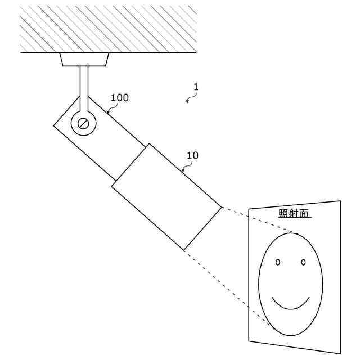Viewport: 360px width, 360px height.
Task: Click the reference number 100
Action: [119, 97]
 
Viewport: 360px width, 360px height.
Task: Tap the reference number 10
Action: [192, 155]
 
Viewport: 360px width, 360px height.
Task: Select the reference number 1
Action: [196, 87]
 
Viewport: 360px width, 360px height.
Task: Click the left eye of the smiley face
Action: [278, 262]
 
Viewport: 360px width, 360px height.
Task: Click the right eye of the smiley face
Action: [303, 262]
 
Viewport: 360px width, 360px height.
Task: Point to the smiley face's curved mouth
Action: [291, 304]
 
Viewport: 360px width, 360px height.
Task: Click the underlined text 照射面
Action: [295, 213]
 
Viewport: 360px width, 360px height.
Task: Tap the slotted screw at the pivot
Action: [84, 123]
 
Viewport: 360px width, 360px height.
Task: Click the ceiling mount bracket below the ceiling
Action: [84, 59]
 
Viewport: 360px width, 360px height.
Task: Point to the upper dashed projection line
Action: [259, 220]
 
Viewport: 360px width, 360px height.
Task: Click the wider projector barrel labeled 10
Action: [166, 197]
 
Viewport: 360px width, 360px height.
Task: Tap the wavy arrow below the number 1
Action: [191, 98]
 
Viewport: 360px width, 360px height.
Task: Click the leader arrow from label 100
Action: [110, 109]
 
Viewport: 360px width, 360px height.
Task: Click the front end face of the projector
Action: [203, 227]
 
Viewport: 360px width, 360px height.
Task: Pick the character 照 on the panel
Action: [283, 213]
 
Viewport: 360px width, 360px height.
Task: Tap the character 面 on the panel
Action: [306, 213]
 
